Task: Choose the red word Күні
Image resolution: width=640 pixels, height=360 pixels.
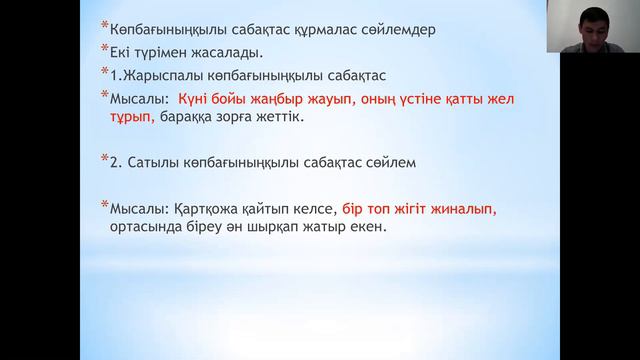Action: tap(196, 99)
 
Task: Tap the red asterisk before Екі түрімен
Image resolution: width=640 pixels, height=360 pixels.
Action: tap(103, 48)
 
